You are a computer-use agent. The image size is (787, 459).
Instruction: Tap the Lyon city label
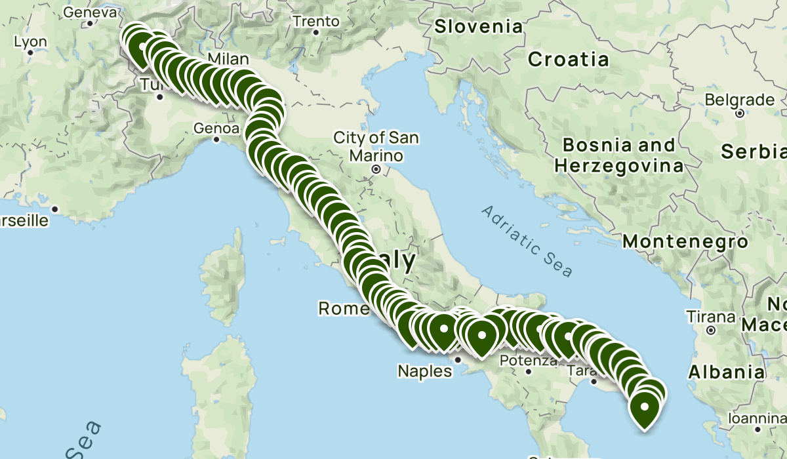tap(30, 42)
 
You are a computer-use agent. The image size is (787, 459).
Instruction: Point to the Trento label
tap(316, 21)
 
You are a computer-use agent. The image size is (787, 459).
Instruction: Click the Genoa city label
tap(216, 129)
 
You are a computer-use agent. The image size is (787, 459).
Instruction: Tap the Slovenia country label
tap(479, 27)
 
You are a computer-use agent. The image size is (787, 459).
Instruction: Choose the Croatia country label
tap(569, 60)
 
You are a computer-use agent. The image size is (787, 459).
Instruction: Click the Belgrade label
tap(739, 100)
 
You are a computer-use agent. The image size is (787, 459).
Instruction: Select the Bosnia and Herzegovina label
tap(614, 155)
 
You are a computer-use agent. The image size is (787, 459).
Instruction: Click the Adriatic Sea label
tap(527, 241)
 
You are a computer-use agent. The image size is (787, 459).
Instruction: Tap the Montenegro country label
tap(685, 242)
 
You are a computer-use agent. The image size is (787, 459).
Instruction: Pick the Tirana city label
tap(708, 317)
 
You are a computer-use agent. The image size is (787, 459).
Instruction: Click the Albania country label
tap(726, 372)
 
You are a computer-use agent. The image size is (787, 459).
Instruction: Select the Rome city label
tap(344, 308)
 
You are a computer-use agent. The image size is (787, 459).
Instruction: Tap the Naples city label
tap(424, 372)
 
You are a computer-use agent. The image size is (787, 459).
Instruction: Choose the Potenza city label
tap(529, 360)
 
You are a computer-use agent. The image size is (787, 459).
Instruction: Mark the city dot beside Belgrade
tap(739, 113)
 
